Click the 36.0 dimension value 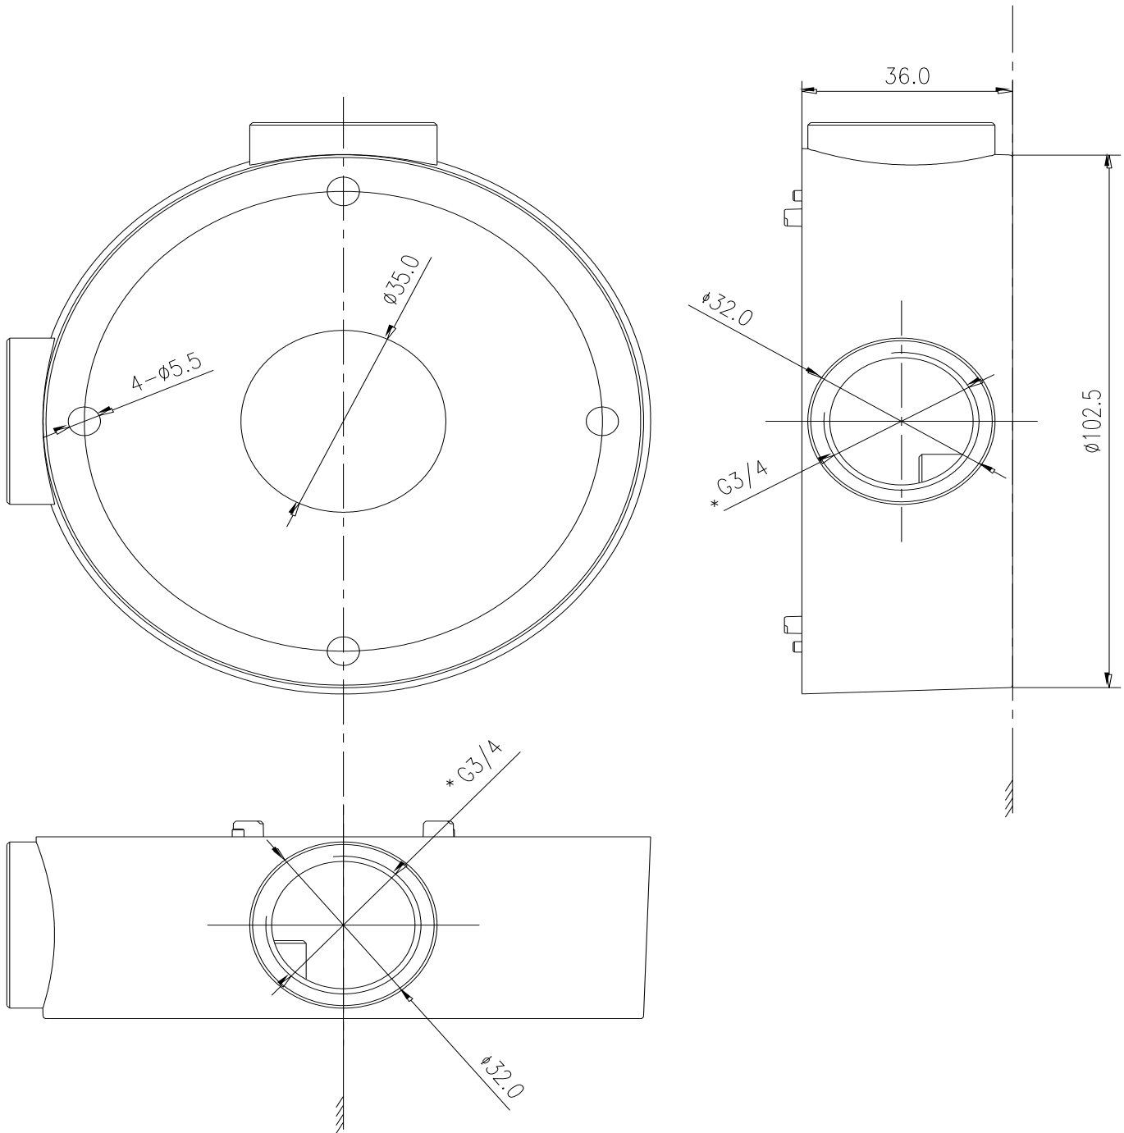click(x=907, y=76)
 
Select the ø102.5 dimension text click(x=1092, y=420)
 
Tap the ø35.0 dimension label click(x=402, y=280)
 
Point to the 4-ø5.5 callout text click(x=167, y=370)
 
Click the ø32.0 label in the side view click(x=726, y=308)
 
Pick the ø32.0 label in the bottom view click(x=502, y=1076)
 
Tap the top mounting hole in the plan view click(x=344, y=191)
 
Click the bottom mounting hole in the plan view click(x=344, y=651)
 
